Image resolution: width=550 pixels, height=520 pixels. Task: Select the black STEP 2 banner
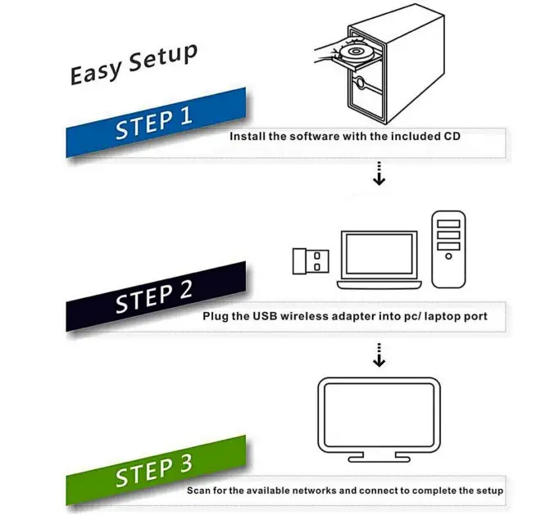(x=156, y=296)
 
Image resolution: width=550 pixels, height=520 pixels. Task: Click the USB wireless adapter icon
(x=311, y=260)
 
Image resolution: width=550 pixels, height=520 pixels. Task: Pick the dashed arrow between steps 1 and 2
(x=378, y=174)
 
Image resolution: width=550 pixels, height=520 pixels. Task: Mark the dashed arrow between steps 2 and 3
(x=378, y=355)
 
